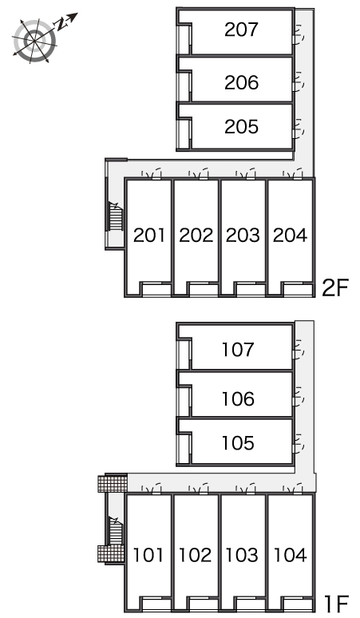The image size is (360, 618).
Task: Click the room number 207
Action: pos(241,30)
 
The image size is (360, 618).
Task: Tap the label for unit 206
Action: pos(241,82)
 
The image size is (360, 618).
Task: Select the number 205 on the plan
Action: pos(241,126)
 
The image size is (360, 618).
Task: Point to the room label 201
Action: pos(149,236)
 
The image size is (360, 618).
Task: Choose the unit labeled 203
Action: pos(243,236)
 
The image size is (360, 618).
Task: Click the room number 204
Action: pos(291,236)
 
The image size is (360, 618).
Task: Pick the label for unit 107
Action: pos(238,350)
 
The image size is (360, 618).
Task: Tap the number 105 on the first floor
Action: pos(238,443)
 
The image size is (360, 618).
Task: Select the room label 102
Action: pos(196,555)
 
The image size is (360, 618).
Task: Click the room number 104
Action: pos(291,555)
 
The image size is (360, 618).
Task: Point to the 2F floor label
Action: pos(335,288)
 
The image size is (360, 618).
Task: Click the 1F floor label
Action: pos(337,603)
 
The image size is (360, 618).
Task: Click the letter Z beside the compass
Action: pos(60,25)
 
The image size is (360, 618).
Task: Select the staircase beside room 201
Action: pos(115,216)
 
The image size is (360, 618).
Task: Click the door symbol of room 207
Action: pos(299,33)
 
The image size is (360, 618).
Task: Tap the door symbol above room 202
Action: pos(199,174)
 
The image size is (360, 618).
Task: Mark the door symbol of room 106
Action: pos(299,397)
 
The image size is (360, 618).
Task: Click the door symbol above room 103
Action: pos(246,489)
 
